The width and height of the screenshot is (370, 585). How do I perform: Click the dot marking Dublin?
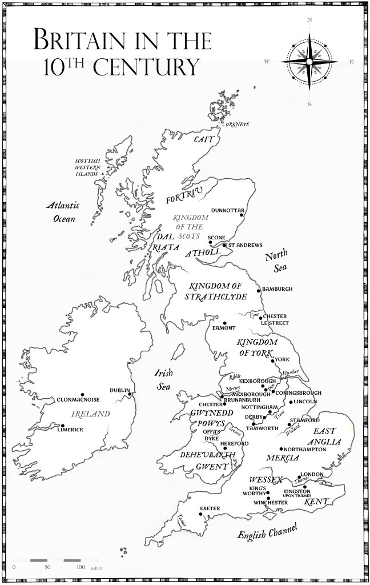[130, 394]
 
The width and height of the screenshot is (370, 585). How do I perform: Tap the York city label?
[283, 360]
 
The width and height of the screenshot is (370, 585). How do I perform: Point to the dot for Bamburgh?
[258, 289]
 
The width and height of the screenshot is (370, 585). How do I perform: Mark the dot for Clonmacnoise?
[83, 395]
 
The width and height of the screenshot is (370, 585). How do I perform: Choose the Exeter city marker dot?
[200, 513]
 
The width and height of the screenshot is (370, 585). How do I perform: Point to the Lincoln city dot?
[291, 402]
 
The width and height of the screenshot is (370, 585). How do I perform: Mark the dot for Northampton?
[281, 448]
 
